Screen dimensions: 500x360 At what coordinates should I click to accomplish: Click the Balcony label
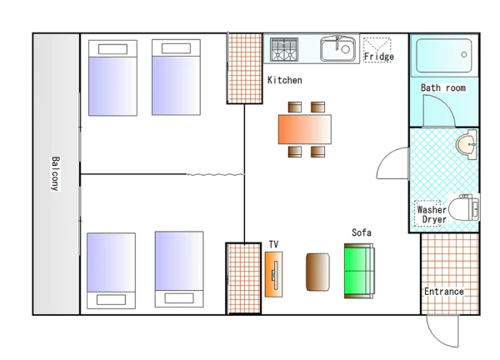pos(56,174)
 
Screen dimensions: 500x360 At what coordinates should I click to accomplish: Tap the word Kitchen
pos(285,80)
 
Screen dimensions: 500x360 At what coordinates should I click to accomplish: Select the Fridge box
pos(377,50)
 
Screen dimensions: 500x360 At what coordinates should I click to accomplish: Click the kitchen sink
pos(338,48)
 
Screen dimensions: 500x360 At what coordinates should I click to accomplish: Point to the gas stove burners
pos(284,49)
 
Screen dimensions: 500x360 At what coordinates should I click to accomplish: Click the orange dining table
pos(305,129)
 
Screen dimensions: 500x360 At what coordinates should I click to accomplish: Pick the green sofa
pos(359,271)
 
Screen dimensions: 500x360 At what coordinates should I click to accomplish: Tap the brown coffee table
pos(317,272)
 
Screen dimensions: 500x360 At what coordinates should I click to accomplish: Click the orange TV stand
pos(273,274)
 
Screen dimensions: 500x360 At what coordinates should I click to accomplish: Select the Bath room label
pos(443,88)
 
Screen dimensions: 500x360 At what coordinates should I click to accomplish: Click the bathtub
pos(444,56)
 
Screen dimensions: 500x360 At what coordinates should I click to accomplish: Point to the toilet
pos(464,207)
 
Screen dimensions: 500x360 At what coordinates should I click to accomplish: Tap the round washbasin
pos(467,144)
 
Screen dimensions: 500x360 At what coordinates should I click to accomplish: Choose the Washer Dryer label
pos(432,214)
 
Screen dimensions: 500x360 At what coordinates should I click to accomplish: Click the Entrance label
pos(443,292)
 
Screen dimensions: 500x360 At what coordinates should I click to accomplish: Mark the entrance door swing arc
pos(436,338)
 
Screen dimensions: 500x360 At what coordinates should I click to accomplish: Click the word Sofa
pos(362,232)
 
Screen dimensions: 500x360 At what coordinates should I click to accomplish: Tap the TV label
pos(273,244)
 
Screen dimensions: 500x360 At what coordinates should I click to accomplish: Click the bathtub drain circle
pos(464,54)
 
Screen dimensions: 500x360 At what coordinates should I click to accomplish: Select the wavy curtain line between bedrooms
pos(216,174)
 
